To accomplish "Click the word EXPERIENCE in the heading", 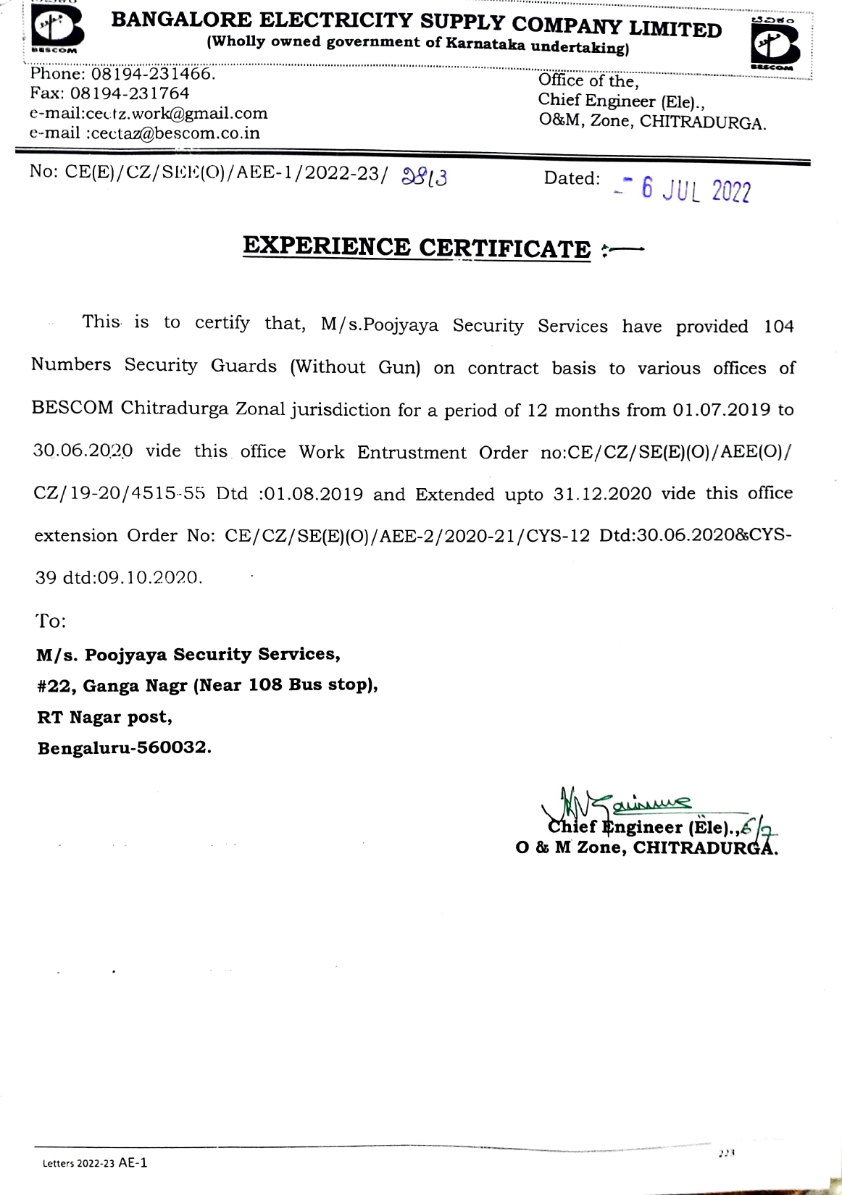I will [x=326, y=246].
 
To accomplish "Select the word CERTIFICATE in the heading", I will [x=505, y=249].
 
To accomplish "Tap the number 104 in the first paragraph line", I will [x=778, y=327].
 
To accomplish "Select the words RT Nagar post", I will [x=105, y=717].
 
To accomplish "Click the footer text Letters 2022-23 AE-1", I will [x=95, y=1163].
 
